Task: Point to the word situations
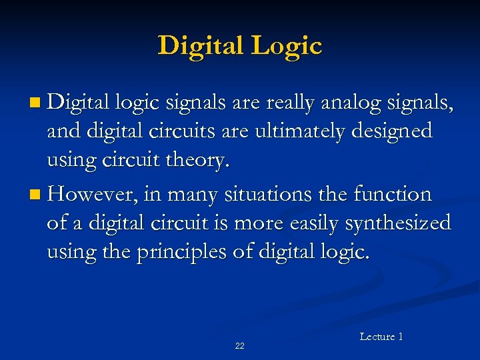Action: tap(265, 195)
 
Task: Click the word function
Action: tap(393, 195)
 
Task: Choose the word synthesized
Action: tap(397, 222)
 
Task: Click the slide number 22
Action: tap(240, 345)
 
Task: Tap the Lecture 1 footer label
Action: tap(381, 337)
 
